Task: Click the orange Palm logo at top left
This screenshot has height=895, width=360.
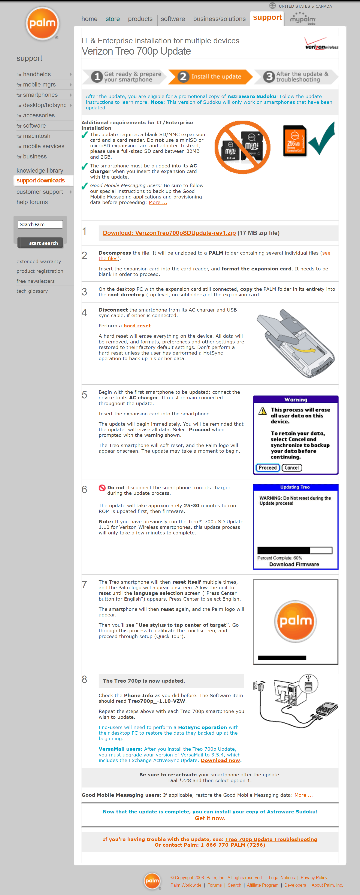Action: pos(42,24)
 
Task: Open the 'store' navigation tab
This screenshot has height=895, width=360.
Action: pos(113,19)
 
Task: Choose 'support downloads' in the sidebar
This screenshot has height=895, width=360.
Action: pos(41,180)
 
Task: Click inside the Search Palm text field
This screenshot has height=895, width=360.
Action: pos(40,224)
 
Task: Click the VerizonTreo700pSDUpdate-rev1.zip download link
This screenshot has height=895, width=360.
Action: pos(169,233)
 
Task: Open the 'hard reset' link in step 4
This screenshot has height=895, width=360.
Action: pos(137,325)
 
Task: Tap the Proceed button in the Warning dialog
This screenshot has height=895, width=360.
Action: pos(267,468)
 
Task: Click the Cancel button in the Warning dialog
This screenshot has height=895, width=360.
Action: pos(291,468)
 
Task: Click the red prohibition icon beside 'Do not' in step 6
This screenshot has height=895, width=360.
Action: pos(102,488)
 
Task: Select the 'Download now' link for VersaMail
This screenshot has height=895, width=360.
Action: pos(220,760)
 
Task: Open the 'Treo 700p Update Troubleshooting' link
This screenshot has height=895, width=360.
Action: pos(271,839)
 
